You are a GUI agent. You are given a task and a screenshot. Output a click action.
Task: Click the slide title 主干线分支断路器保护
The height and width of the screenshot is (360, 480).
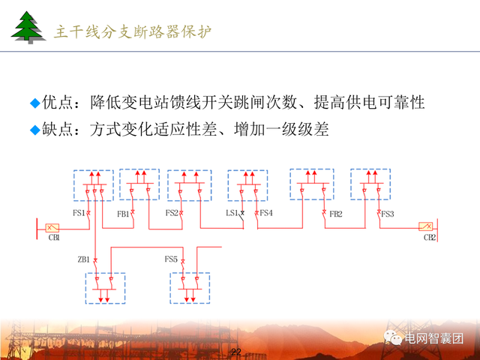coord(133,31)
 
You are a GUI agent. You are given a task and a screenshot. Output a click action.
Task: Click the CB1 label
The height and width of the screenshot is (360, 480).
coord(54,238)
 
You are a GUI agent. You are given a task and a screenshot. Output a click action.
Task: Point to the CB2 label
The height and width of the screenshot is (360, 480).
coord(429,238)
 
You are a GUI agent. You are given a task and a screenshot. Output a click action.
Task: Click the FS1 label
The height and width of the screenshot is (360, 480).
coord(79,214)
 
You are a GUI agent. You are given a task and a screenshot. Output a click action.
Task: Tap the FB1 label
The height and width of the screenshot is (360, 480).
coord(123,214)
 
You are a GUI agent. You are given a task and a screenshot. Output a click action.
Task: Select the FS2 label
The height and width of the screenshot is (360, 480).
coord(172,214)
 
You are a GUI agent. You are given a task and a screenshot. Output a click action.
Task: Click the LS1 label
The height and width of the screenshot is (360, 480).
coord(232,214)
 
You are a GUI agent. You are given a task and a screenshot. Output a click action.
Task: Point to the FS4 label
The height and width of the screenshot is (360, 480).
coord(266,214)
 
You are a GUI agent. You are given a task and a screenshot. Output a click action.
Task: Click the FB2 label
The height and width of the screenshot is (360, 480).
coord(336,214)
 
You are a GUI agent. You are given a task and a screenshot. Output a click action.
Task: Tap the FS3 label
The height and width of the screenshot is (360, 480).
coord(388,214)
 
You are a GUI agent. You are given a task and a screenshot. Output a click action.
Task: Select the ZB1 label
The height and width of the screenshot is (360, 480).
coord(83,259)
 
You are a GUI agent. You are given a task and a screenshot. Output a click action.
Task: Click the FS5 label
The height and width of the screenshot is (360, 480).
coord(171,259)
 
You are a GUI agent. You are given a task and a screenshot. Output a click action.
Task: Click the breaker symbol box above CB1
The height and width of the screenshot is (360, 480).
coord(52,226)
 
